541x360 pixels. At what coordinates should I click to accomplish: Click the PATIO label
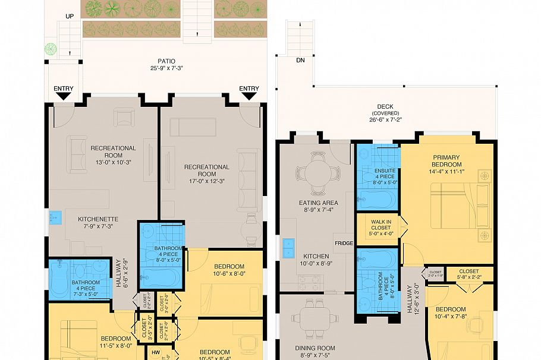pyautogui.click(x=166, y=61)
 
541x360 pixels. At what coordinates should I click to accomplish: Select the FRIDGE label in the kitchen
pyautogui.click(x=344, y=243)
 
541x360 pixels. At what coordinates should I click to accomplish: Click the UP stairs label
pyautogui.click(x=70, y=16)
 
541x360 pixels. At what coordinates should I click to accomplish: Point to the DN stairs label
pyautogui.click(x=300, y=60)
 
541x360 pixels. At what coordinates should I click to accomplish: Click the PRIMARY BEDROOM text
pyautogui.click(x=447, y=160)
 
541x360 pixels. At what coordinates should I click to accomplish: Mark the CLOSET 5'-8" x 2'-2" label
pyautogui.click(x=468, y=274)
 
